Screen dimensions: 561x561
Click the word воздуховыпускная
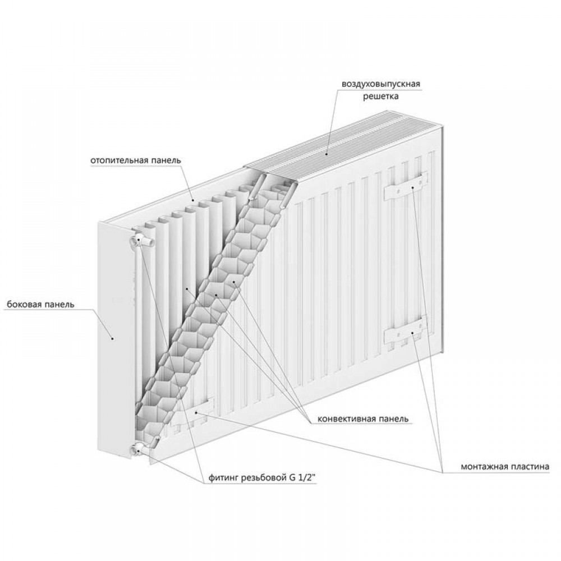tap(381, 84)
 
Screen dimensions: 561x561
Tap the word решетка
tap(381, 96)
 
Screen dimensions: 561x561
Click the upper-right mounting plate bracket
tap(406, 186)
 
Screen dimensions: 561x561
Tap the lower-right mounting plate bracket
tap(406, 332)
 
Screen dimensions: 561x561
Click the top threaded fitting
tap(142, 240)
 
